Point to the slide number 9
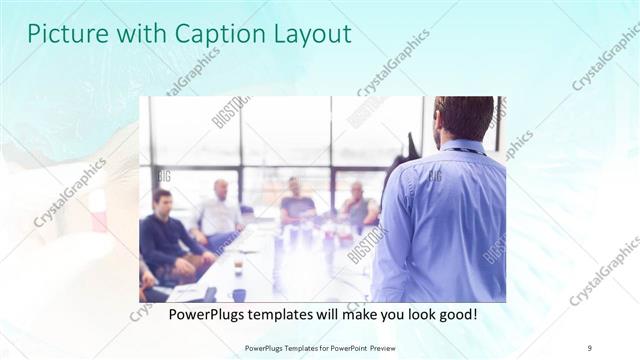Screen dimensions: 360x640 click(590, 348)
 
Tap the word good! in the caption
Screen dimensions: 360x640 click(455, 314)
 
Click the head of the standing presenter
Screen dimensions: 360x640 click(463, 118)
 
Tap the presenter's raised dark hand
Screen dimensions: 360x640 click(407, 147)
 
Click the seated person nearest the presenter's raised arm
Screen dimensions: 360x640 click(357, 205)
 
